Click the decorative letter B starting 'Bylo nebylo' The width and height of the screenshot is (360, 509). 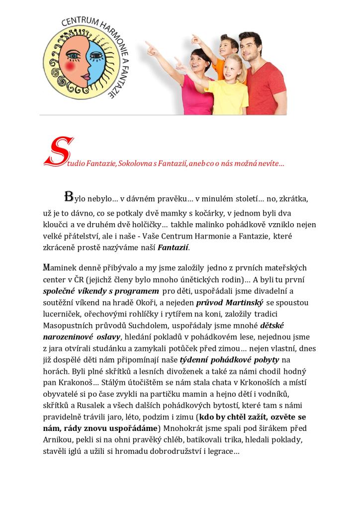click(69, 195)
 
